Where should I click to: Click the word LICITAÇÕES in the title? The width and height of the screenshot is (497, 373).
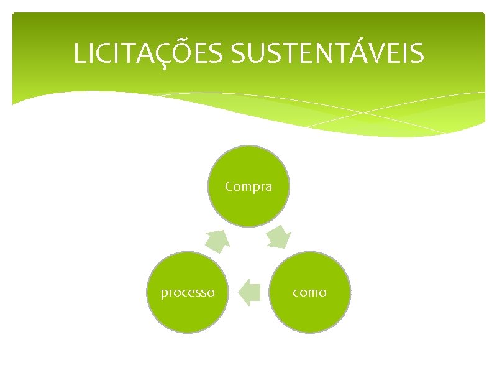pos(150,53)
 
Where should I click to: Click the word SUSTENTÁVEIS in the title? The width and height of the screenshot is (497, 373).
pos(328,53)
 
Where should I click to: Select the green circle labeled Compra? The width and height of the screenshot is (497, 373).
pos(248,186)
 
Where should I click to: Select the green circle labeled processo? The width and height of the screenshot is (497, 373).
pos(188,292)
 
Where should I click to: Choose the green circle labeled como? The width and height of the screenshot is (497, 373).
pos(309,292)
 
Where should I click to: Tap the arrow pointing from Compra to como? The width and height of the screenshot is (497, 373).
pos(279,237)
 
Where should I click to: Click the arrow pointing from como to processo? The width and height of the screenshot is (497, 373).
pos(249,293)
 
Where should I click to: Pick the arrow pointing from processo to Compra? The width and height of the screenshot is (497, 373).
pos(217,240)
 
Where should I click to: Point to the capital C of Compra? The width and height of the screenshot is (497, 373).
pos(229,186)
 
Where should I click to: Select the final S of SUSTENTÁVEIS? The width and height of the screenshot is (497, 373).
pos(418,53)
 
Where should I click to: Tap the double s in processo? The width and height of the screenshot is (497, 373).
pos(201,293)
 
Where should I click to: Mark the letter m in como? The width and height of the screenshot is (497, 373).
pos(310,293)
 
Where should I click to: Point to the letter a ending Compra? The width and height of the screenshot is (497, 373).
pos(268,186)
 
